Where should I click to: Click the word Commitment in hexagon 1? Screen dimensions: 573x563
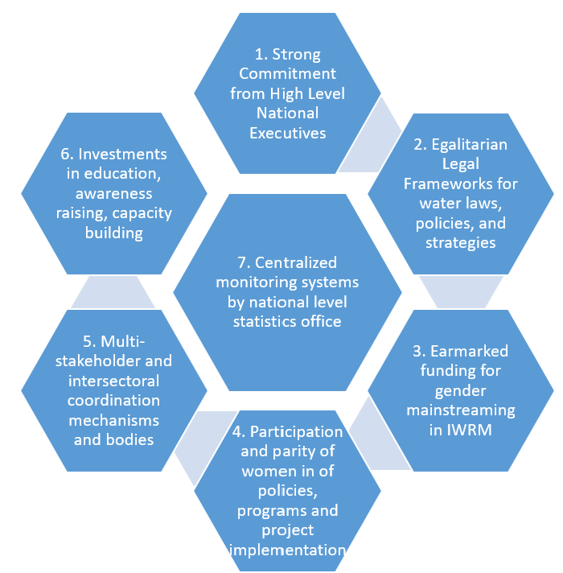coord(286,74)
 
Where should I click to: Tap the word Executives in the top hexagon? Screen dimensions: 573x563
coord(287,133)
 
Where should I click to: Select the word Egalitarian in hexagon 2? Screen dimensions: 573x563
coord(469,145)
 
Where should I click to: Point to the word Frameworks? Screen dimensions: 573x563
coord(460,183)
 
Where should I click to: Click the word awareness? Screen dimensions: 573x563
coord(113,193)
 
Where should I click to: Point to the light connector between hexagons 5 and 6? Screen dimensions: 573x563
coord(113,291)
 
